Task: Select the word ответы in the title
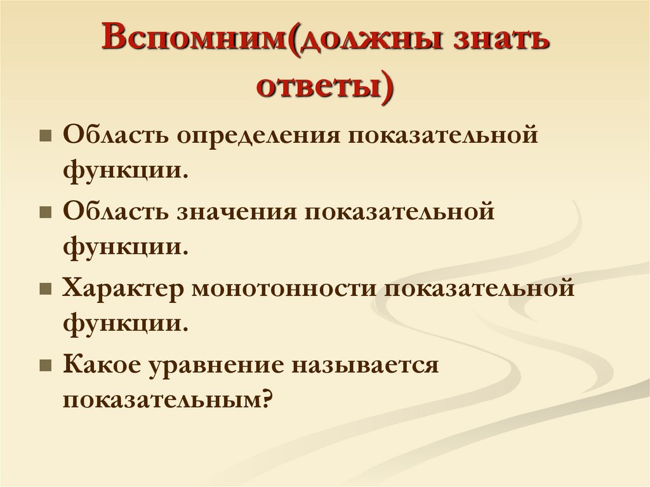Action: click(x=320, y=87)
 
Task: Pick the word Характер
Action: click(x=124, y=289)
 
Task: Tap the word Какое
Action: click(x=102, y=365)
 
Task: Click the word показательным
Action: click(x=161, y=399)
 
